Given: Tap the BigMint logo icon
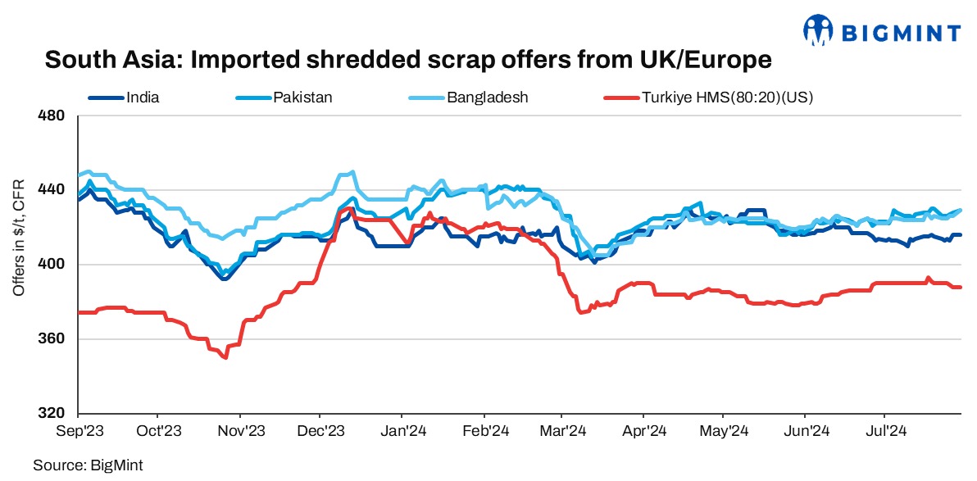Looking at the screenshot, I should pos(820,30).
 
